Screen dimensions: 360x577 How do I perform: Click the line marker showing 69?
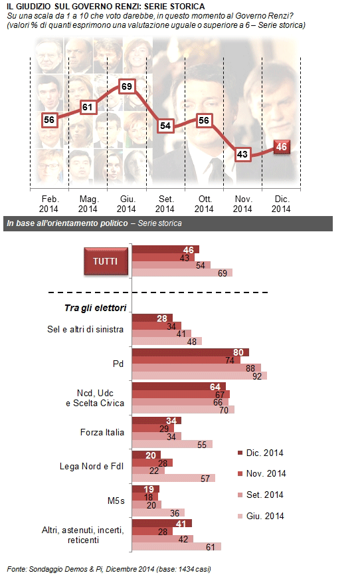click(x=126, y=86)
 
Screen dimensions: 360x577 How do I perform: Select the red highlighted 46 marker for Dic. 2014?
click(x=282, y=147)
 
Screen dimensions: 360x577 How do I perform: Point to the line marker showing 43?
click(x=242, y=154)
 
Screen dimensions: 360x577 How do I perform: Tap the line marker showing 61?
click(x=88, y=107)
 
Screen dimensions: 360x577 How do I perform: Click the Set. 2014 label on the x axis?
click(x=165, y=204)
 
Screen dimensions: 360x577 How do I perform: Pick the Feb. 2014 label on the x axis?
click(x=49, y=204)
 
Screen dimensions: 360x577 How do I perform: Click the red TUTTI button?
click(x=106, y=261)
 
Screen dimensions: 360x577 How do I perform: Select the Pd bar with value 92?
click(x=199, y=376)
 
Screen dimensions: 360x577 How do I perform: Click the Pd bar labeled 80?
click(x=191, y=352)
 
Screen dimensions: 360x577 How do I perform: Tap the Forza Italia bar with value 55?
click(x=172, y=445)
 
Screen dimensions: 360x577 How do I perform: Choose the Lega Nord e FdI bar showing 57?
click(x=173, y=478)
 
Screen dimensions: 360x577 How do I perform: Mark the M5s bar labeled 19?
click(x=145, y=489)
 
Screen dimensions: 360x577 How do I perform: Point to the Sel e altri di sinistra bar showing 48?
click(x=167, y=341)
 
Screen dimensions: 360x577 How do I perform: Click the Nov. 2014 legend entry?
click(x=262, y=473)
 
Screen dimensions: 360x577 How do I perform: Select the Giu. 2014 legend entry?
click(x=261, y=517)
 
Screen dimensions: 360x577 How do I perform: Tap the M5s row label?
click(x=116, y=501)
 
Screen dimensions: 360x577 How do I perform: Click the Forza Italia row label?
click(x=102, y=432)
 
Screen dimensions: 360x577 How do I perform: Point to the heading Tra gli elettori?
click(x=95, y=308)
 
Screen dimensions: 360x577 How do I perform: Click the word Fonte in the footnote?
click(x=17, y=569)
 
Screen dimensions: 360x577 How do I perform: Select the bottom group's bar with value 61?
click(x=177, y=546)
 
